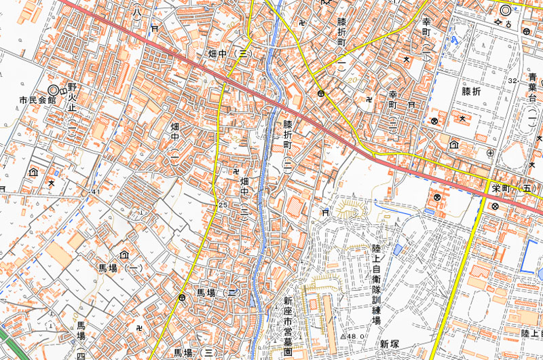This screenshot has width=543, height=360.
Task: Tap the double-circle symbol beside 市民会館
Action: pyautogui.click(x=54, y=90)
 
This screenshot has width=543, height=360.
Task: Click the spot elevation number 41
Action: pyautogui.click(x=95, y=192)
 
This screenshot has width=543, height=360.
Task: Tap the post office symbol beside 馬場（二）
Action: pyautogui.click(x=182, y=298)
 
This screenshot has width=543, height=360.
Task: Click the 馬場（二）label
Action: pyautogui.click(x=216, y=292)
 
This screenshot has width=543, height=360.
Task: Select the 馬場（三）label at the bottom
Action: pyautogui.click(x=195, y=353)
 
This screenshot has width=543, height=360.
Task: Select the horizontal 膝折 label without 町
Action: pyautogui.click(x=475, y=90)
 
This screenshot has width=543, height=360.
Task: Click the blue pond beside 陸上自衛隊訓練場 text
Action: pyautogui.click(x=398, y=251)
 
